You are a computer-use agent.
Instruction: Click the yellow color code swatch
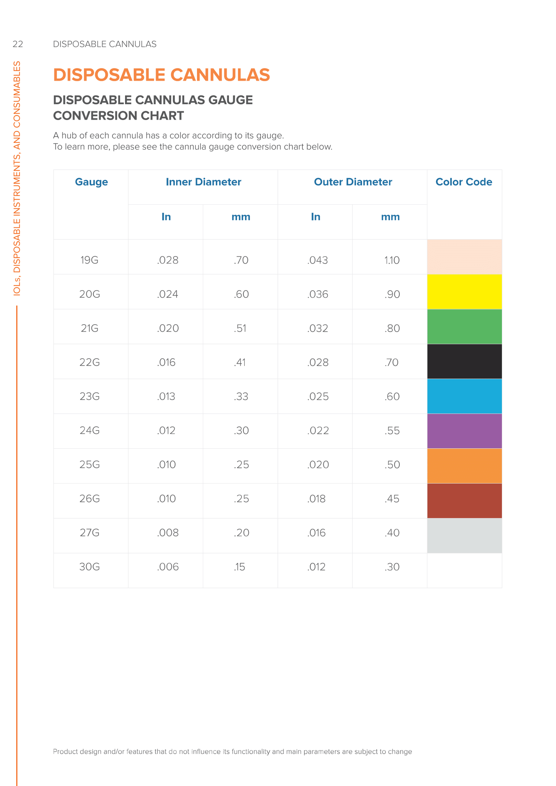pyautogui.click(x=464, y=292)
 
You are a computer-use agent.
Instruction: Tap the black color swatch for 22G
pyautogui.click(x=464, y=361)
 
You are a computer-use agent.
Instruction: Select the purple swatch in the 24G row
pyautogui.click(x=464, y=431)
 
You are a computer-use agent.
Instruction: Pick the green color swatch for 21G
pyautogui.click(x=464, y=327)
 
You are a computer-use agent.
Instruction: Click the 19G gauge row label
pyautogui.click(x=90, y=260)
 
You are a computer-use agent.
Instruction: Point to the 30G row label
pyautogui.click(x=90, y=567)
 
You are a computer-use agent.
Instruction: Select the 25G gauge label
pyautogui.click(x=90, y=465)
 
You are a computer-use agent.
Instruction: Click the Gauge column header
pyautogui.click(x=91, y=182)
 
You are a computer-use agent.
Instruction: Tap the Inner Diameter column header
pyautogui.click(x=203, y=182)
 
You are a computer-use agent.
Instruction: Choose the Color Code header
pyautogui.click(x=464, y=182)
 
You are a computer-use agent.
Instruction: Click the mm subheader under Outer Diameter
pyautogui.click(x=390, y=217)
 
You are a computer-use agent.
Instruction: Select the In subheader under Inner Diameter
pyautogui.click(x=166, y=217)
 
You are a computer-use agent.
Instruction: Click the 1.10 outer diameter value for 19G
pyautogui.click(x=392, y=260)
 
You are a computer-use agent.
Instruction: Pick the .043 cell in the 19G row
pyautogui.click(x=317, y=260)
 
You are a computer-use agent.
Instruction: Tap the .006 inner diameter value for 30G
pyautogui.click(x=168, y=567)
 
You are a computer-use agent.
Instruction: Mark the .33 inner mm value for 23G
pyautogui.click(x=241, y=397)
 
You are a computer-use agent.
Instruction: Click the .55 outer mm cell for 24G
pyautogui.click(x=392, y=431)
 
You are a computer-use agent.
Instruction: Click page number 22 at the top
pyautogui.click(x=18, y=44)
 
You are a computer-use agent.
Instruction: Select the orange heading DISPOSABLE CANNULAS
pyautogui.click(x=161, y=75)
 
